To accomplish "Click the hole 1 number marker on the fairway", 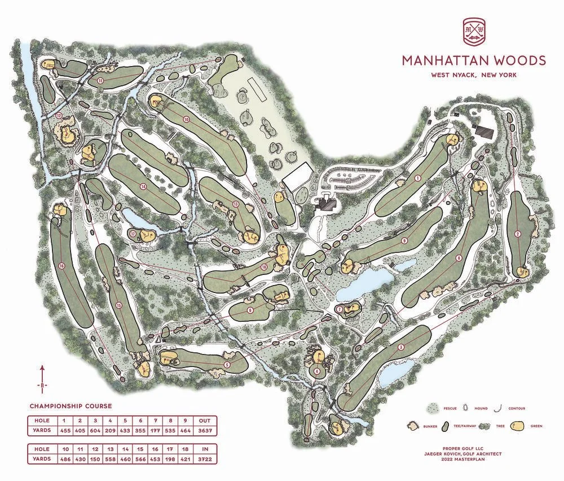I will (418, 178).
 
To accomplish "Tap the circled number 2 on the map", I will (517, 235).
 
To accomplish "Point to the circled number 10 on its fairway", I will (186, 120).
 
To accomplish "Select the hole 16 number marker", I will (61, 266).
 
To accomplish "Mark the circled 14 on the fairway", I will (144, 187).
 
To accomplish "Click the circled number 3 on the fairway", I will (401, 347).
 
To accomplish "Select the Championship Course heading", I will (70, 406).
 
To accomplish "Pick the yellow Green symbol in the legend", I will (519, 426).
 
